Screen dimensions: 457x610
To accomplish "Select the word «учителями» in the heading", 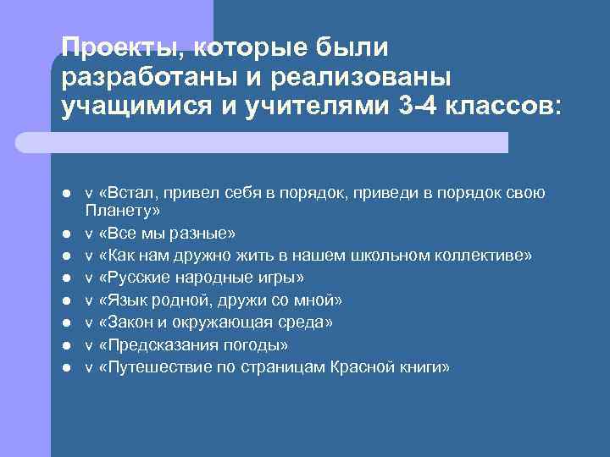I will point(299,107).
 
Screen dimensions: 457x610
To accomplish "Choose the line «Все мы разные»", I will point(168,232).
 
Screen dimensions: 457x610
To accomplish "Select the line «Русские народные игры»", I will point(201,278).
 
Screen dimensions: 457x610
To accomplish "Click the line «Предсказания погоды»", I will point(193,345).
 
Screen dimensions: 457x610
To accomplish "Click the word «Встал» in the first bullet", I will point(127,193).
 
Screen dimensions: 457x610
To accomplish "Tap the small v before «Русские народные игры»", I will point(89,278).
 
